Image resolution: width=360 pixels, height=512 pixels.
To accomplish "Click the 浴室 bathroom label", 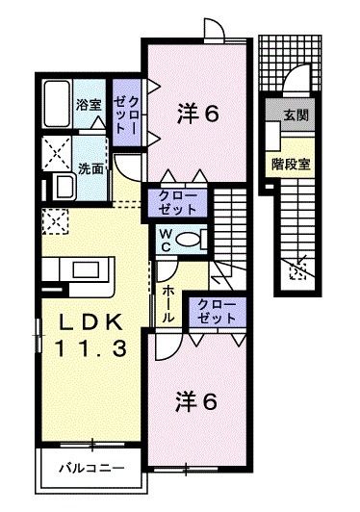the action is pos(89,105).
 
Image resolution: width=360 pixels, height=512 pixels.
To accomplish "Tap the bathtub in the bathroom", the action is pos(57,104).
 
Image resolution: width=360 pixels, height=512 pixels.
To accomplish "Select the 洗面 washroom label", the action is pos(90,168).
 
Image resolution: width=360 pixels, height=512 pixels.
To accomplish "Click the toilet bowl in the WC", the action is pos(188,240).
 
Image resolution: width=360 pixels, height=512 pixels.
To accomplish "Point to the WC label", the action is pos(166,241).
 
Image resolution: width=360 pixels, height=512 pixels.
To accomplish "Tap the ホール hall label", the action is pos(167,304).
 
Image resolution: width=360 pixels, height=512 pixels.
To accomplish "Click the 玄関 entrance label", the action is pos(296,115).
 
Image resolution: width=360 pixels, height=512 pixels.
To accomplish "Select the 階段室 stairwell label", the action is pos(291,165).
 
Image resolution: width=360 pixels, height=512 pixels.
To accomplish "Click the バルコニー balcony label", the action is pos(91,469).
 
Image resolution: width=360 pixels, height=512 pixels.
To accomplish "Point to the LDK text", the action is pos(90,322).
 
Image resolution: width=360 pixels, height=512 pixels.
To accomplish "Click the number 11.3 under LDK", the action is pos(90,348).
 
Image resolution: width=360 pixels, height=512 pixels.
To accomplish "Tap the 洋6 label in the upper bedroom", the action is pos(197,114).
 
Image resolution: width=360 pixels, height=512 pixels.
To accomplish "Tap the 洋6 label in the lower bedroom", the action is pos(196,401).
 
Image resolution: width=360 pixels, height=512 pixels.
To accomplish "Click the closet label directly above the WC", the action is pos(178,203).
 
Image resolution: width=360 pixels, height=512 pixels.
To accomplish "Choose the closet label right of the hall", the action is pos(217,311).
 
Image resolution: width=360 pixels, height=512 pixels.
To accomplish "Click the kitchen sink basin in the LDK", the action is pos(86,270).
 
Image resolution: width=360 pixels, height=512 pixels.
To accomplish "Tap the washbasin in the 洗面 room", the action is pos(64,187).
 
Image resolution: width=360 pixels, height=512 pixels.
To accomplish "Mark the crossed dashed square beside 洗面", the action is pos(57,153).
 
